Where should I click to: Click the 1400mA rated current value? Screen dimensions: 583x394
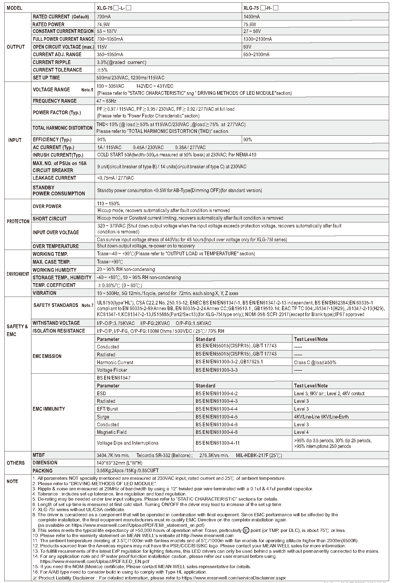(251, 17)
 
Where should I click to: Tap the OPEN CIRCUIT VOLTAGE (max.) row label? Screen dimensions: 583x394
(63, 47)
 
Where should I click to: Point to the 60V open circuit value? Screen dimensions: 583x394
(247, 47)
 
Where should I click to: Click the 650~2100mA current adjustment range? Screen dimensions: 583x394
(256, 55)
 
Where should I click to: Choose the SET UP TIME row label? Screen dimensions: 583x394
(46, 78)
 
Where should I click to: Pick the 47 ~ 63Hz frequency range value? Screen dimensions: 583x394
(106, 101)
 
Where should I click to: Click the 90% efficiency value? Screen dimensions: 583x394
(248, 140)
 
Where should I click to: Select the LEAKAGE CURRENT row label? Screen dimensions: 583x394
(54, 178)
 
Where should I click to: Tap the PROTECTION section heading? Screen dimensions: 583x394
(18, 222)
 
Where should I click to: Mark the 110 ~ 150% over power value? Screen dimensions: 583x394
(108, 204)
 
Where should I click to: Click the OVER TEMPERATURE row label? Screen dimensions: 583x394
(56, 246)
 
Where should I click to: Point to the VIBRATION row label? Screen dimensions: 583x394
(44, 293)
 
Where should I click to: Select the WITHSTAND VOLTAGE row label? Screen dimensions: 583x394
(56, 323)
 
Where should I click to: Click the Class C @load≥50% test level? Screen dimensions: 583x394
(315, 363)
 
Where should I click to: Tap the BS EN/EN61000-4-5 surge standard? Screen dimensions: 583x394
(217, 417)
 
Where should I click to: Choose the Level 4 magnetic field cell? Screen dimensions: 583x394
(301, 432)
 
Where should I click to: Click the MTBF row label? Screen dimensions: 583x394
(39, 455)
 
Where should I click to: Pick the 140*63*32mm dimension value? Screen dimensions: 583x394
(120, 463)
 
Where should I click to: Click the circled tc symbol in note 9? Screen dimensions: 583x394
(246, 538)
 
